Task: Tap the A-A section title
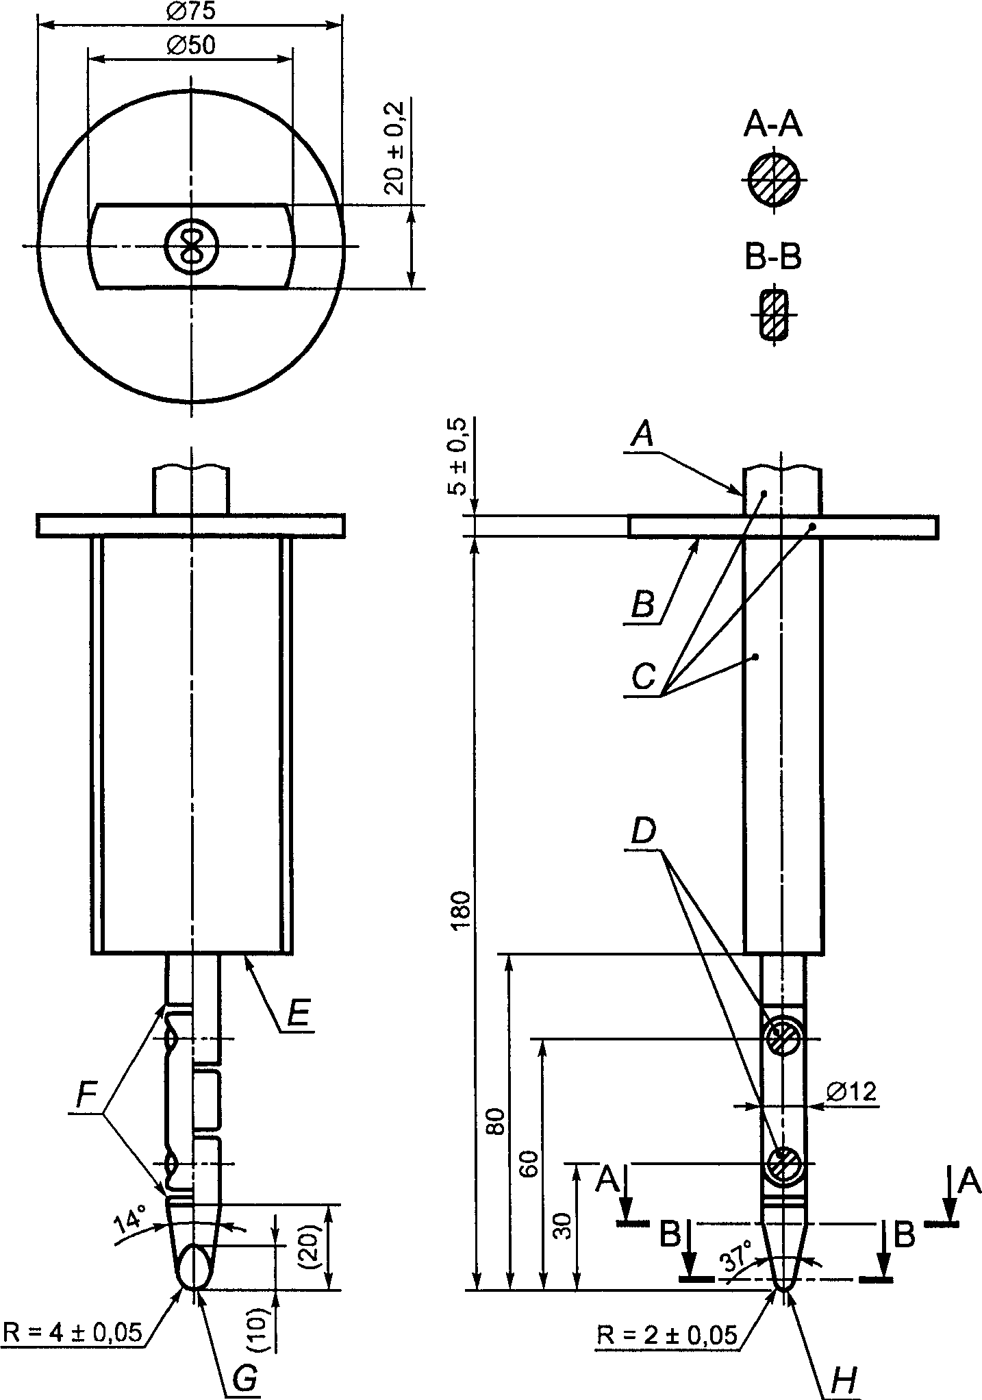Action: (774, 125)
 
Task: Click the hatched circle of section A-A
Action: (774, 179)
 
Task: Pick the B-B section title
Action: (774, 258)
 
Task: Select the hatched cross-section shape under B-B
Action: (775, 315)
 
